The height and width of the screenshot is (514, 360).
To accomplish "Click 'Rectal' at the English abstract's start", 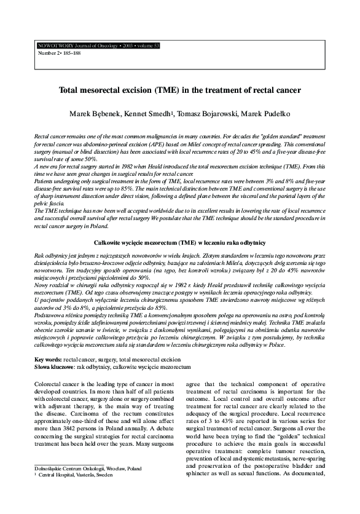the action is click(42, 134).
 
